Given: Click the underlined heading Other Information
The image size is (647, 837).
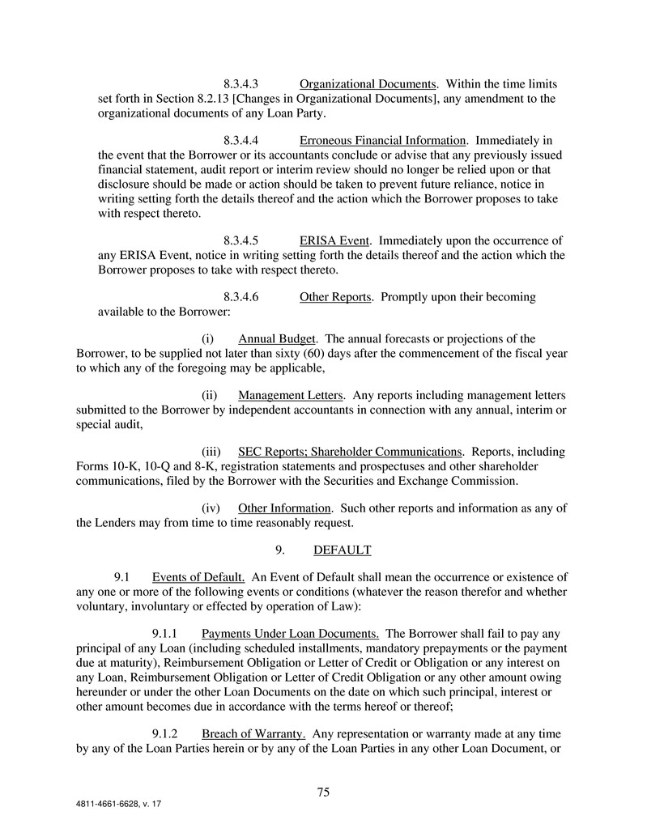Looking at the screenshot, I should click(285, 508).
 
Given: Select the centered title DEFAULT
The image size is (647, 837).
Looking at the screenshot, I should click(342, 550).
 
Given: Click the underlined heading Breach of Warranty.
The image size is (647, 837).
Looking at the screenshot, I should click(253, 734).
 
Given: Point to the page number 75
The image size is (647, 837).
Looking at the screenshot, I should click(323, 792).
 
